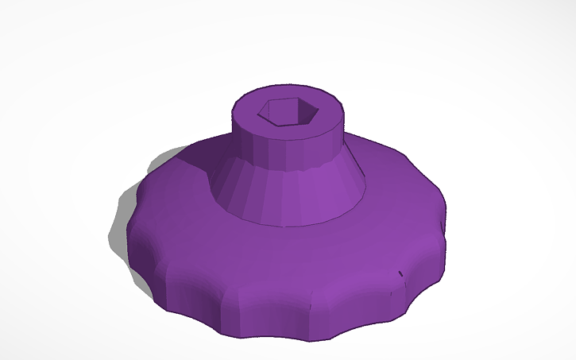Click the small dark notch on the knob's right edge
[400, 275]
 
